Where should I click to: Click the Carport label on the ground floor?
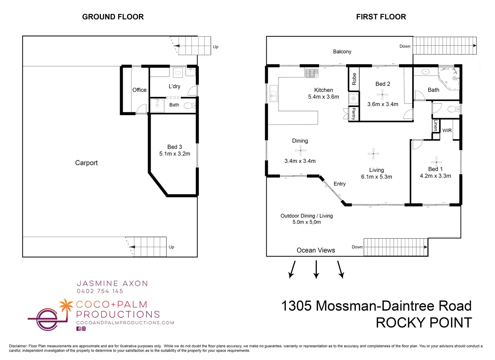tap(86, 163)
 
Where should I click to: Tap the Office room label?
tap(140, 90)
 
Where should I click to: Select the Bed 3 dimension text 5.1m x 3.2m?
tap(175, 154)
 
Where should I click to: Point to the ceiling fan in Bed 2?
tap(382, 95)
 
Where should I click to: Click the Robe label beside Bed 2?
tap(354, 79)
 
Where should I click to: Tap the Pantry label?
tap(354, 114)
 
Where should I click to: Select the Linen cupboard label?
tap(435, 125)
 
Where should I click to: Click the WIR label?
tap(447, 131)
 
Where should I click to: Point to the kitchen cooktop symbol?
tap(312, 73)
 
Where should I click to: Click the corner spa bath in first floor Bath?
tap(449, 78)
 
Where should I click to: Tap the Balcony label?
tap(342, 51)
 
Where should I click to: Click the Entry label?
tap(340, 184)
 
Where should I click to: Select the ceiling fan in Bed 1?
tap(436, 163)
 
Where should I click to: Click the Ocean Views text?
tap(316, 250)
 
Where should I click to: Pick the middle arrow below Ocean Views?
tap(316, 269)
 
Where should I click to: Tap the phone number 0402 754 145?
tap(100, 291)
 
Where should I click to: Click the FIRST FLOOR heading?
tap(381, 17)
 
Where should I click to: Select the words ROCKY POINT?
tap(424, 323)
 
